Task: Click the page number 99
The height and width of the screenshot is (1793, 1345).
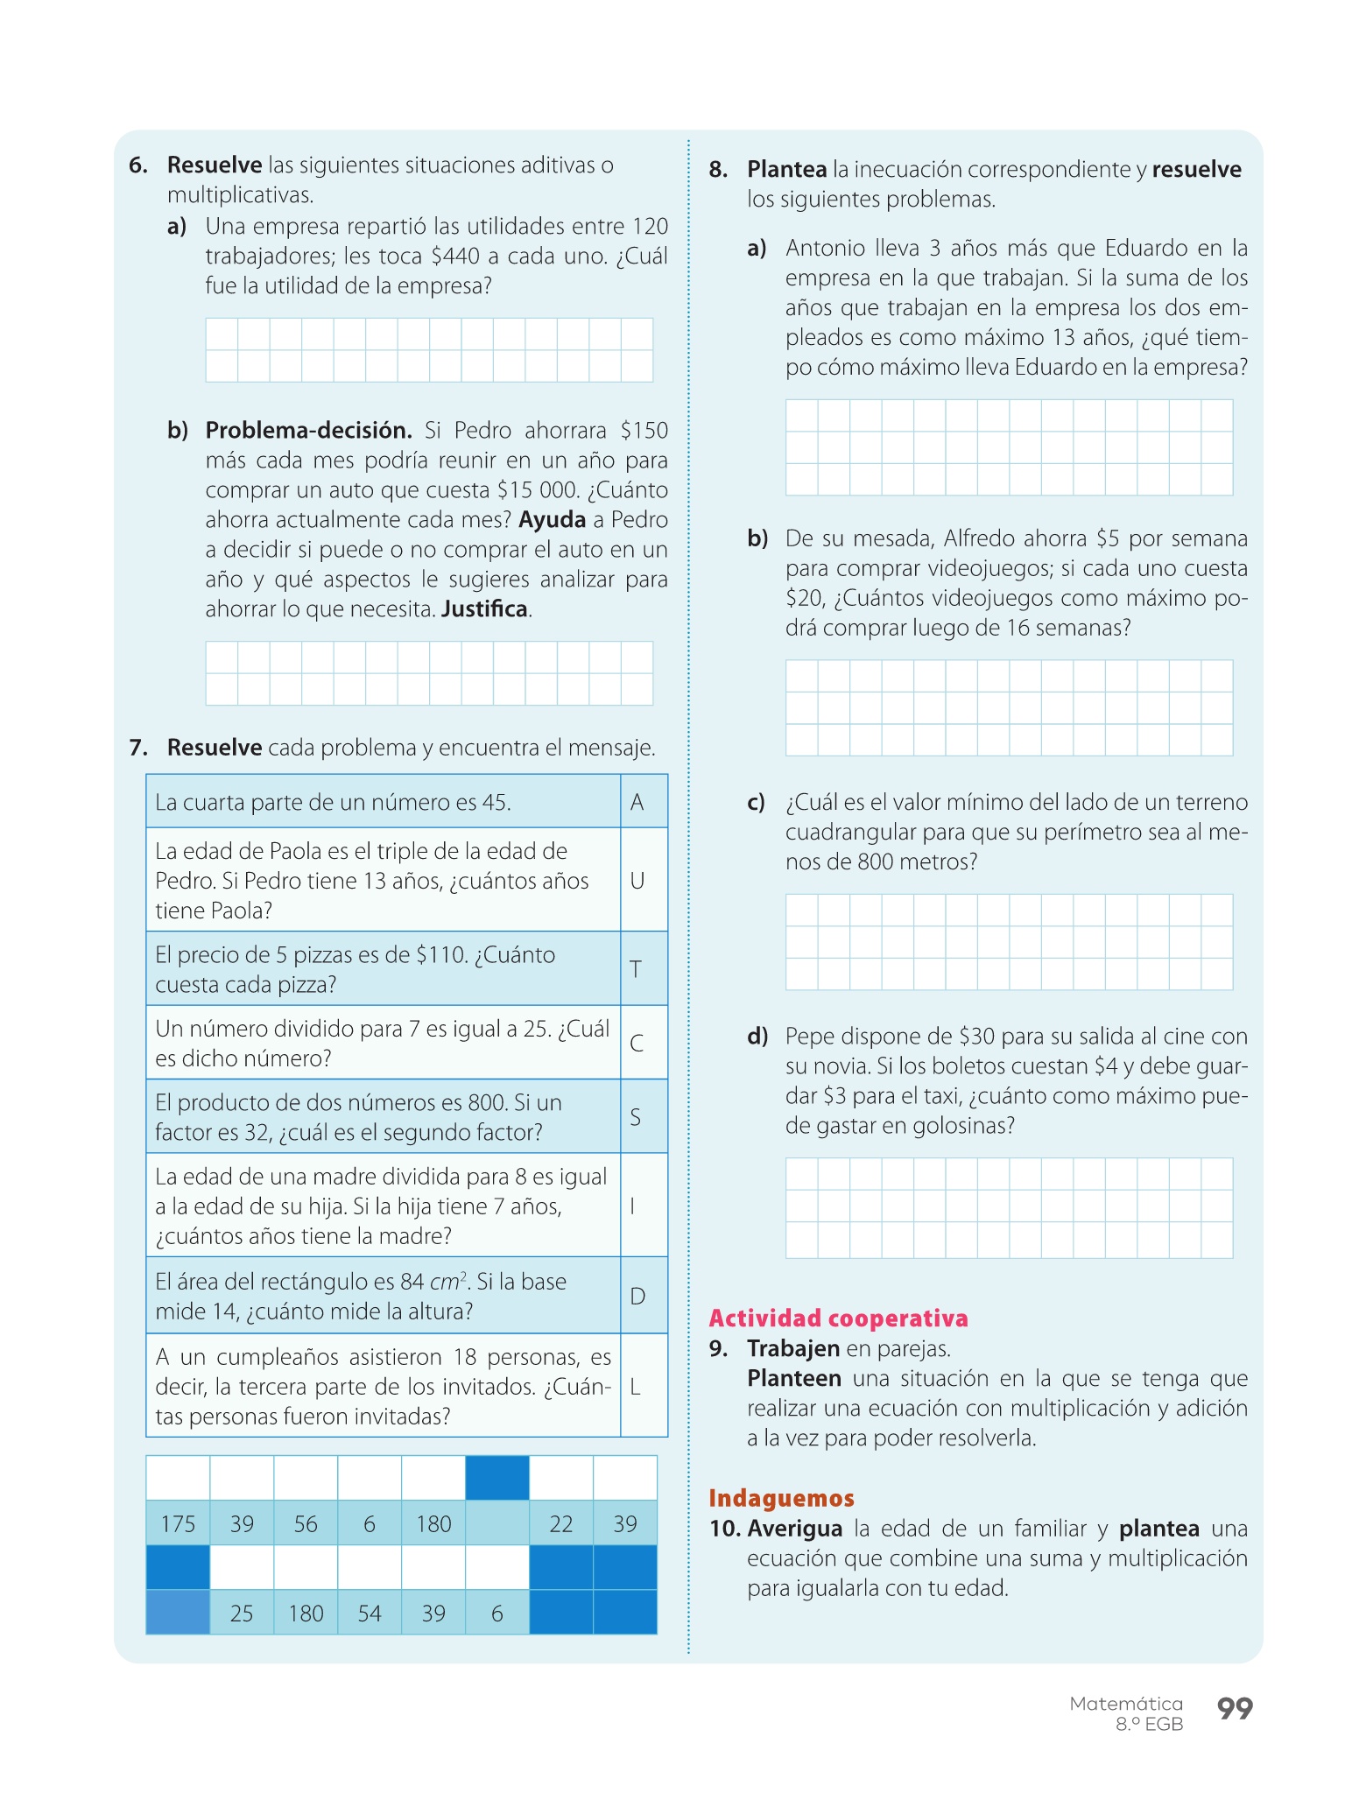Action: tap(1235, 1708)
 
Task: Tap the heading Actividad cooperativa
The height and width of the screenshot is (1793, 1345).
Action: tap(838, 1318)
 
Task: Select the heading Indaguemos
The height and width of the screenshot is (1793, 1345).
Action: tap(781, 1498)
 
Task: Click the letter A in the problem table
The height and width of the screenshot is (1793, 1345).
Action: tap(637, 802)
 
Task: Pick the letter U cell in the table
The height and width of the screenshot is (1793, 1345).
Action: tap(637, 881)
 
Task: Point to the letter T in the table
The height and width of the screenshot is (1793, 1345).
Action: tap(637, 969)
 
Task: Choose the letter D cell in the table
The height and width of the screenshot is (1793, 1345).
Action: tap(637, 1297)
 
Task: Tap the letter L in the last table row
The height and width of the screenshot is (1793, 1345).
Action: tap(636, 1387)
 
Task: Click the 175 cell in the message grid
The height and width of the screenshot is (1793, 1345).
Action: tap(178, 1524)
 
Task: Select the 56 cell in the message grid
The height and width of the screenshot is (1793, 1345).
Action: tap(306, 1524)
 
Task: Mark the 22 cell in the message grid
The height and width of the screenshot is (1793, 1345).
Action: tap(561, 1524)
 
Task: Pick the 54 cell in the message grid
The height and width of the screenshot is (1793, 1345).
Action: tap(370, 1614)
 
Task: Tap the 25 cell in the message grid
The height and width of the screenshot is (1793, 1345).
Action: tap(242, 1614)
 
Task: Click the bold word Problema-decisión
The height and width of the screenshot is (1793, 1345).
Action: tap(308, 431)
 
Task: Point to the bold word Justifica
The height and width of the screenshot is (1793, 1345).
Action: tap(485, 609)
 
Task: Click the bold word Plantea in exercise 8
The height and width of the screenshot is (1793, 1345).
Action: tap(786, 170)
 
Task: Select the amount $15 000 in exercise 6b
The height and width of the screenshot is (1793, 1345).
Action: tap(538, 490)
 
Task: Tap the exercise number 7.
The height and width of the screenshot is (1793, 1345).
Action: tap(137, 748)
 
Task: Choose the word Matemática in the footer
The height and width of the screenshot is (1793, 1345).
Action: tap(1126, 1704)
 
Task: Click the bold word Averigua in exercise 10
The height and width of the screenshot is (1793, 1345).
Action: tap(794, 1529)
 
